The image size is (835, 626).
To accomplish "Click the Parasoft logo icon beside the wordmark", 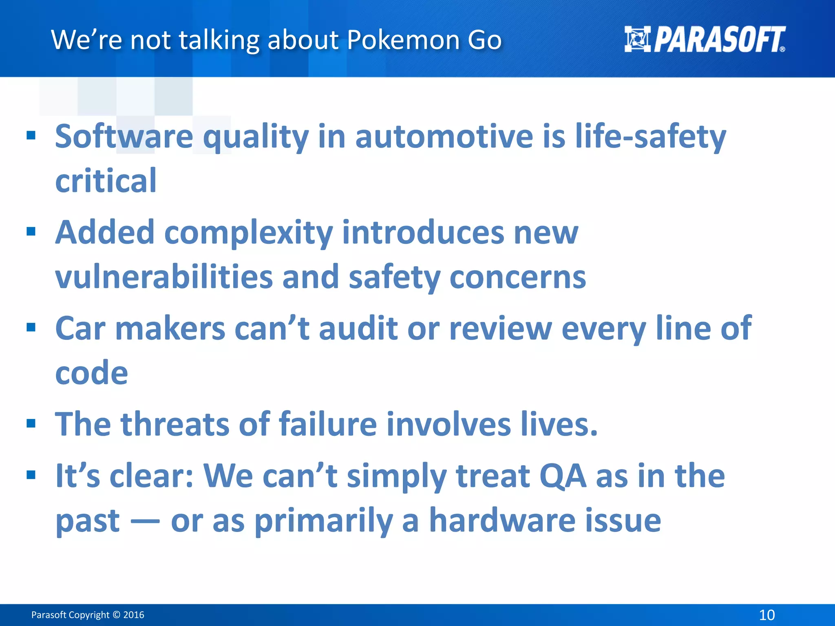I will tap(638, 40).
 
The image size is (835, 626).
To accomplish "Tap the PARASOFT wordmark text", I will tap(720, 40).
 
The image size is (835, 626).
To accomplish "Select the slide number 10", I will tap(767, 615).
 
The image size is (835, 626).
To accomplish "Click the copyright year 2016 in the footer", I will tap(134, 615).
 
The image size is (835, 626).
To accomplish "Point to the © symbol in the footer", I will tap(116, 615).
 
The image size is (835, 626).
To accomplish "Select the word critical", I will tap(106, 181).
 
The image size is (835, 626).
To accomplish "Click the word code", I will tap(91, 373).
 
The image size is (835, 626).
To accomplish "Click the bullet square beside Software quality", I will tap(31, 135).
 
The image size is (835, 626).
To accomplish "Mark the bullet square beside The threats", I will tap(31, 423).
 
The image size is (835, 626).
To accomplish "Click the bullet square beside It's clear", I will tap(31, 475).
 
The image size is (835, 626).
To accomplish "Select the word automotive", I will tap(444, 137).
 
